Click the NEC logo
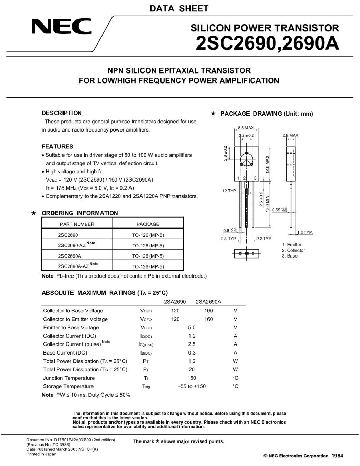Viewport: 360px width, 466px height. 62,26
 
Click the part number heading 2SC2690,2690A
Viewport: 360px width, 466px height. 267,44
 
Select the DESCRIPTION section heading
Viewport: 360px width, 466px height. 62,113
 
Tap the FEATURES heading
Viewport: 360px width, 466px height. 57,146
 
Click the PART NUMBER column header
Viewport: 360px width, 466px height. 77,224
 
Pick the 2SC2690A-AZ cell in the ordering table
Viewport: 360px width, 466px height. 74,266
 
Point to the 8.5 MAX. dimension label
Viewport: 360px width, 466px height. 246,128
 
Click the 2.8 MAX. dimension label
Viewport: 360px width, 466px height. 291,135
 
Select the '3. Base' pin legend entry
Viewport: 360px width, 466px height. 290,256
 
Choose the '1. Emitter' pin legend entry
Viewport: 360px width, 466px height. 292,245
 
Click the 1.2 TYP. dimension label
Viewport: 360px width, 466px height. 305,233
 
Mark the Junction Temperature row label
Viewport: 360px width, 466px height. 69,378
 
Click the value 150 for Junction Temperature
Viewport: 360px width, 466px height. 192,378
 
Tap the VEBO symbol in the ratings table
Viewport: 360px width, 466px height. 146,328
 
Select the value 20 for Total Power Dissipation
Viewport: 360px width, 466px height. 192,370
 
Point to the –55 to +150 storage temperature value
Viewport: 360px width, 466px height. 192,386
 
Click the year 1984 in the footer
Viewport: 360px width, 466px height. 337,456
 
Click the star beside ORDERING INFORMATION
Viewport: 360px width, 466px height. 34,213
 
